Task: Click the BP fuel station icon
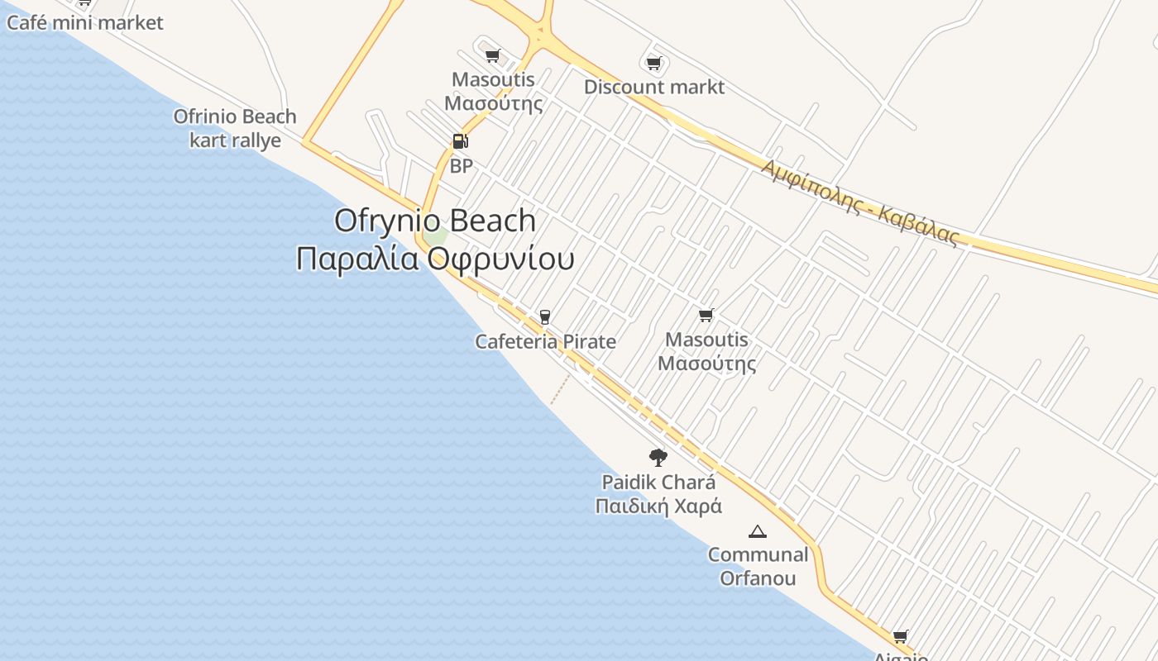coord(461,141)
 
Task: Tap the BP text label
coord(461,166)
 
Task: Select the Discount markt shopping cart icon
coord(654,63)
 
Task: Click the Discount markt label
coord(654,87)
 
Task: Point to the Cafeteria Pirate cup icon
coord(544,316)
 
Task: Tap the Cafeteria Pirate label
coord(545,341)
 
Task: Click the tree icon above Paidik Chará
coord(658,457)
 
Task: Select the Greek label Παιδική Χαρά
coord(658,506)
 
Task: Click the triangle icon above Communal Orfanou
coord(757,531)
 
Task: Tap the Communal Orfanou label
coord(758,566)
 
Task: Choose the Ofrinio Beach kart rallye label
coord(235,128)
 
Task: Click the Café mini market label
coord(85,22)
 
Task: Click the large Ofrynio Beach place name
coord(435,221)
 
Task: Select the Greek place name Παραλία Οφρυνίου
coord(435,259)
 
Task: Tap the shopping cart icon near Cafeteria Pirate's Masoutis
coord(706,315)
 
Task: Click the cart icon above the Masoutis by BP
coord(493,55)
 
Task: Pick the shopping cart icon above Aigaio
coord(901,636)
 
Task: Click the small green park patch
coord(436,237)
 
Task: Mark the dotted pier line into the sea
coord(561,389)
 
